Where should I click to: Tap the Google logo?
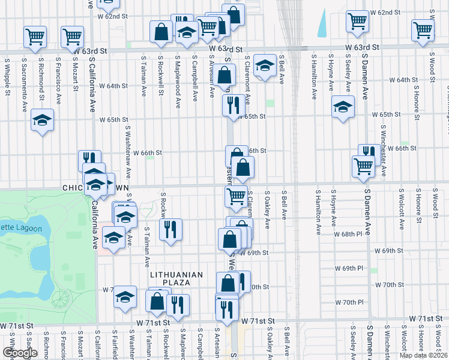[20, 353]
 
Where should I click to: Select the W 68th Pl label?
[349, 233]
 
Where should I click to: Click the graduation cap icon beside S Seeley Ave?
[343, 107]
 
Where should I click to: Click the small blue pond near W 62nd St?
[324, 23]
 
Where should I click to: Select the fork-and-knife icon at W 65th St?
[232, 105]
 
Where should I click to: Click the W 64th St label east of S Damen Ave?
[403, 80]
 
